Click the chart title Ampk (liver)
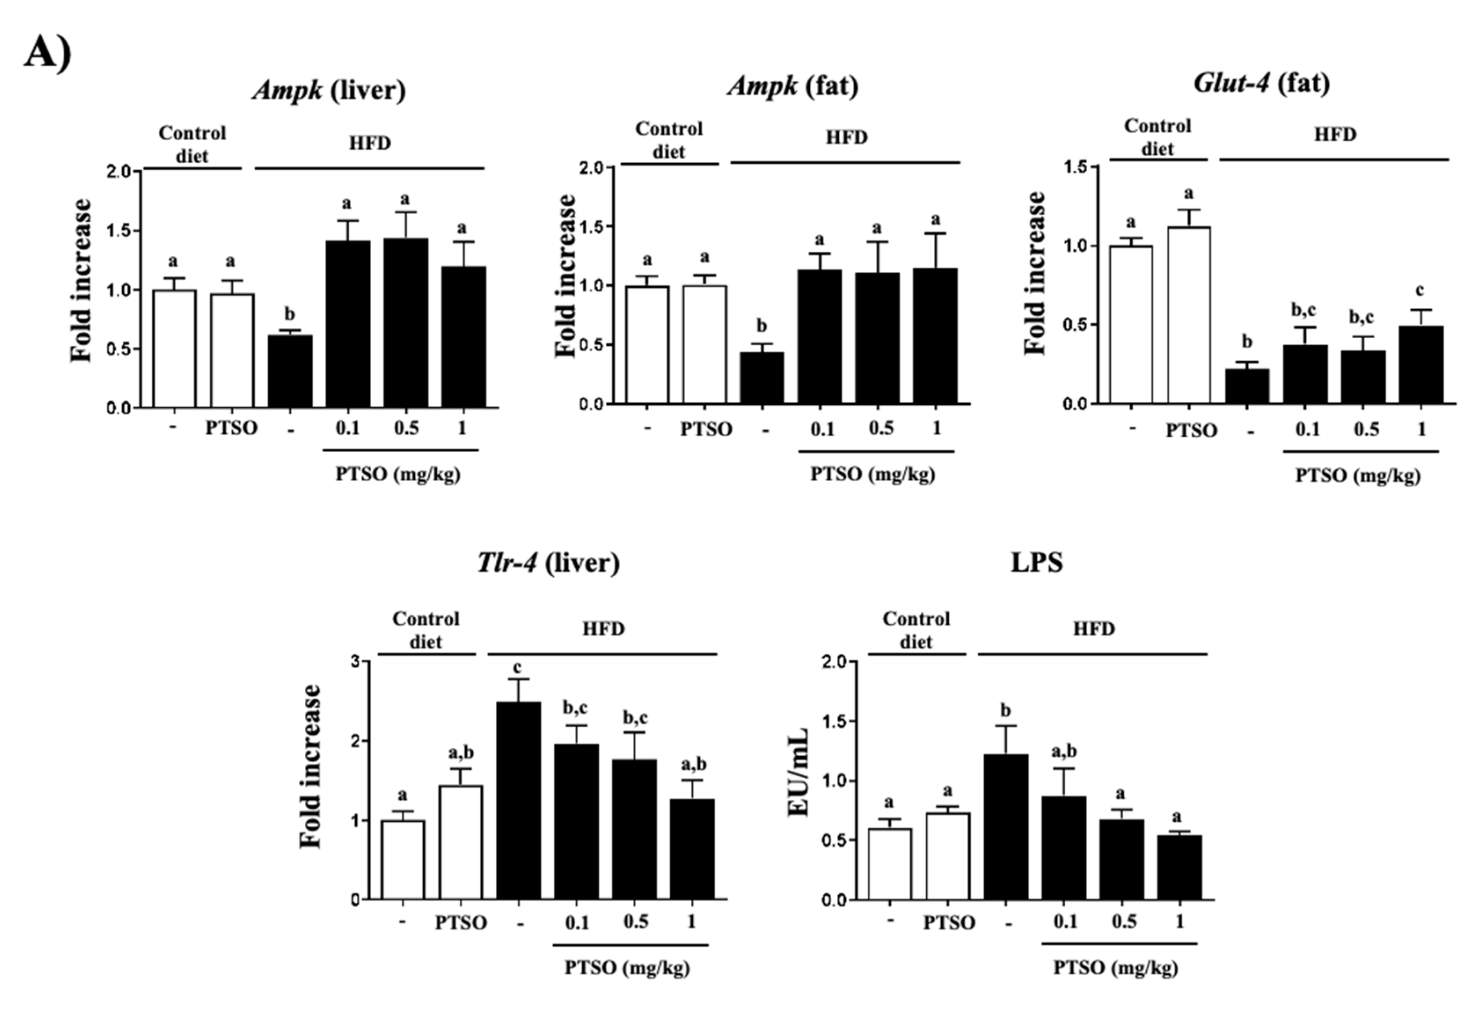tap(329, 90)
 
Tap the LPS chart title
tap(1037, 562)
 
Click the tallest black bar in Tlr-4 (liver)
tap(519, 800)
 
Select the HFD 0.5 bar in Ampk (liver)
tap(406, 323)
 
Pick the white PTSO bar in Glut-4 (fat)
tap(1188, 315)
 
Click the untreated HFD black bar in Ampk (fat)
tap(762, 377)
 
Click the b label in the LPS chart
tap(1005, 711)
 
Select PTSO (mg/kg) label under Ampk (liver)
tap(398, 474)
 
